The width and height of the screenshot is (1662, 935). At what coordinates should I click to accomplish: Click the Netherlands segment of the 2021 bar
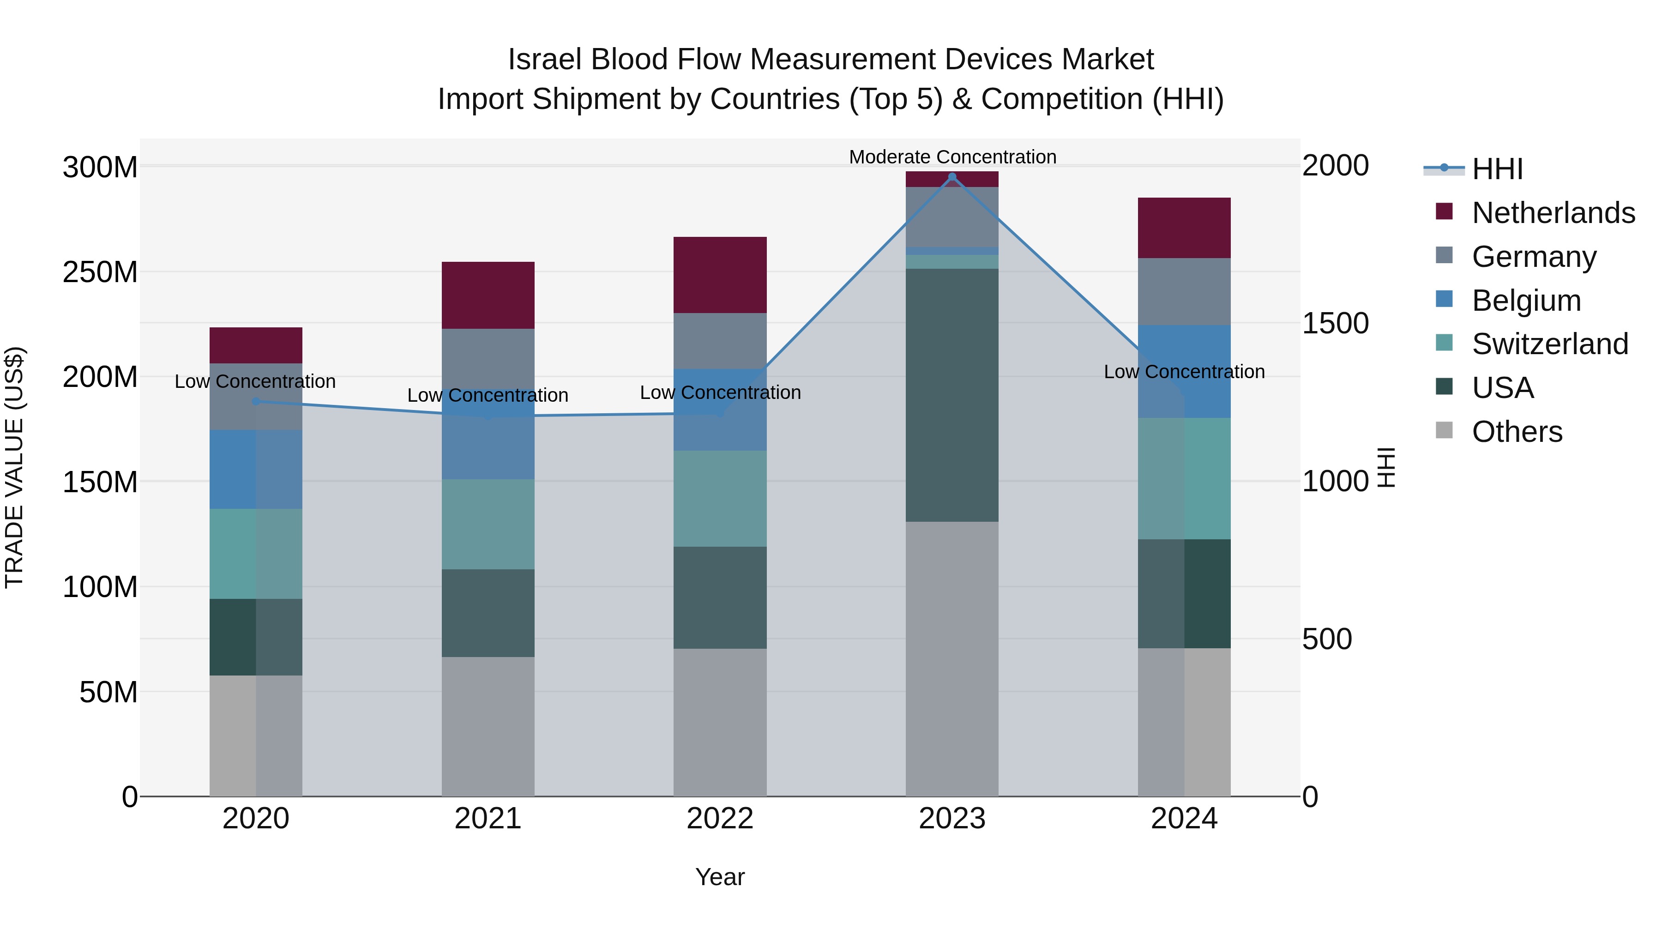[488, 295]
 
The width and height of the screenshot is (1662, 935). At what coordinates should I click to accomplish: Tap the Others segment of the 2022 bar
[720, 722]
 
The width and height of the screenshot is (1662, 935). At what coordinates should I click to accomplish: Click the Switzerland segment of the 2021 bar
[488, 524]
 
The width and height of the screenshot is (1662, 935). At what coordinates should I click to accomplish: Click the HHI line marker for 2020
[256, 401]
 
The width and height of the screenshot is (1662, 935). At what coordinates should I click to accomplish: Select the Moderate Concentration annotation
[952, 157]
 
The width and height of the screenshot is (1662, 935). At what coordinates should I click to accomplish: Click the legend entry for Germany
[1534, 257]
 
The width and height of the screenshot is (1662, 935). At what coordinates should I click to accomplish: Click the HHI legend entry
[1497, 169]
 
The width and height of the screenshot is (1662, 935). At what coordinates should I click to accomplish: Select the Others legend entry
[1516, 432]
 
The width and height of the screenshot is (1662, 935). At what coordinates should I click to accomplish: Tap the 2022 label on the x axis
[720, 819]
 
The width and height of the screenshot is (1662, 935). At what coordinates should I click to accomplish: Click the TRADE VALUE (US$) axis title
[14, 467]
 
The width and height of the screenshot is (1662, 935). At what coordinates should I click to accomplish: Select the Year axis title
[720, 877]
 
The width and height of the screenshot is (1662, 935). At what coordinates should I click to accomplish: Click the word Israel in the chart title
[545, 60]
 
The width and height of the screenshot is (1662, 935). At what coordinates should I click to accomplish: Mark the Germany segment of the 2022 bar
[720, 341]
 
